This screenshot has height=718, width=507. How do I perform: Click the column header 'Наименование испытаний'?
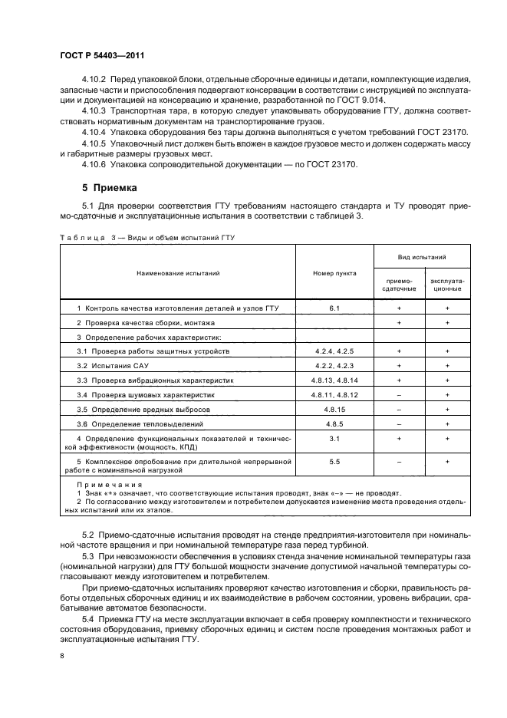pos(178,272)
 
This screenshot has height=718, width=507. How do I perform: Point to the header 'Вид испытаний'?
pos(422,259)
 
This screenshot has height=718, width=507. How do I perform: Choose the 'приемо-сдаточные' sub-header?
pos(397,285)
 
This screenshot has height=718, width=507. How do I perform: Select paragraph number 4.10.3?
pos(95,110)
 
